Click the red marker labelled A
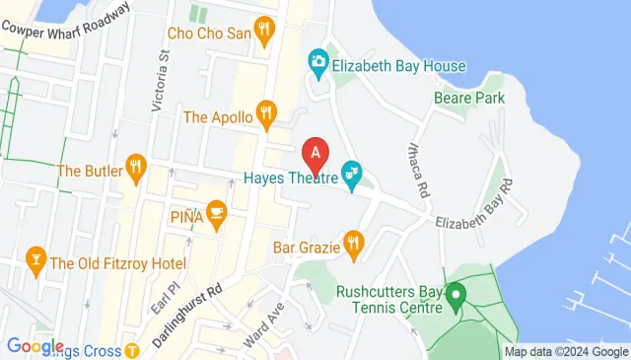click(x=315, y=154)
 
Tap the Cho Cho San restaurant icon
click(x=263, y=32)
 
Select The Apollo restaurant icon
click(x=264, y=115)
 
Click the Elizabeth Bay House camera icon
click(x=317, y=62)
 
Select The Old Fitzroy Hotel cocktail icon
click(x=35, y=262)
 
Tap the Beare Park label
click(x=469, y=98)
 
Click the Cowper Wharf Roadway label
click(x=66, y=19)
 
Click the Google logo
click(x=35, y=346)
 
